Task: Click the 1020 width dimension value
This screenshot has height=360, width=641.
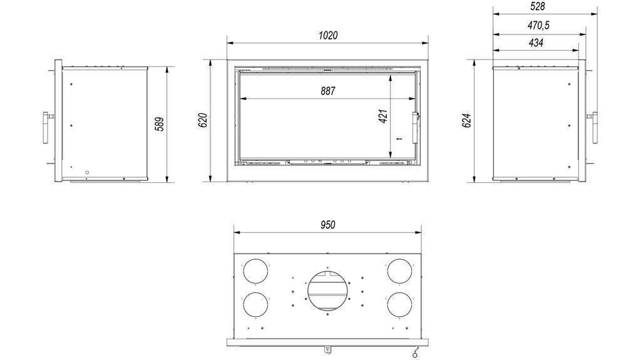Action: pyautogui.click(x=328, y=36)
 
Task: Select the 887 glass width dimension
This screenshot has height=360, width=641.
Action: pyautogui.click(x=328, y=91)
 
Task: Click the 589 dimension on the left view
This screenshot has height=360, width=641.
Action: pyautogui.click(x=159, y=124)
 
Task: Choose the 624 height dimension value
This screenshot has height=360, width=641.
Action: pyautogui.click(x=466, y=120)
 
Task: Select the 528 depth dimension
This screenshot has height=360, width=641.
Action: pyautogui.click(x=537, y=6)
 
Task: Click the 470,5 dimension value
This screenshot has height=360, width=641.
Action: pyautogui.click(x=537, y=25)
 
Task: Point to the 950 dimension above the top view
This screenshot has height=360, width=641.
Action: pyautogui.click(x=328, y=225)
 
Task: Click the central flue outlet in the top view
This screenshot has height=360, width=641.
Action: pyautogui.click(x=326, y=290)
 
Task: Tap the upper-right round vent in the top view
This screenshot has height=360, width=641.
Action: pyautogui.click(x=399, y=270)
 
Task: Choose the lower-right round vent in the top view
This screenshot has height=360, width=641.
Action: pyautogui.click(x=399, y=305)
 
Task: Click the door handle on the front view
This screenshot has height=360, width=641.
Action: pyautogui.click(x=414, y=119)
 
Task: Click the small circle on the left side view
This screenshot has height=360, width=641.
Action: pyautogui.click(x=87, y=172)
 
